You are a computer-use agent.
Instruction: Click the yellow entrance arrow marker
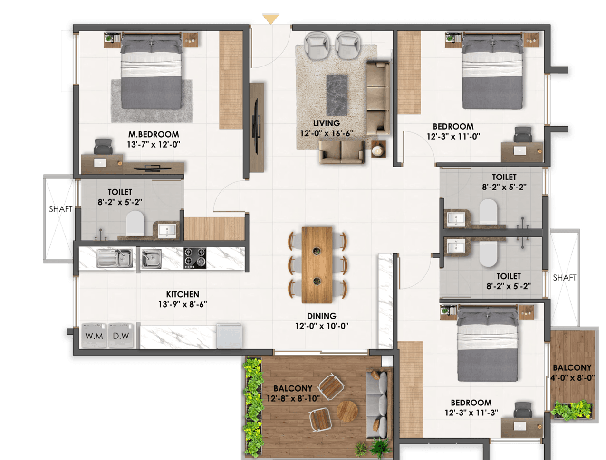[x=270, y=19]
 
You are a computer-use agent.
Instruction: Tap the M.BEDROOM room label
[x=154, y=134]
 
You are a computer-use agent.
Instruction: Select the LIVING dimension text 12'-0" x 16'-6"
[x=327, y=133]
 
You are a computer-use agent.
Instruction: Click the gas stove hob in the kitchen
[x=195, y=258]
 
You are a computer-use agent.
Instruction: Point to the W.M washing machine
[x=94, y=336]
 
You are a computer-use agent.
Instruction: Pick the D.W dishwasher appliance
[x=121, y=336]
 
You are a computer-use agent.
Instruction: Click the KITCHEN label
[x=183, y=294]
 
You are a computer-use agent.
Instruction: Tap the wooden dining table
[x=317, y=265]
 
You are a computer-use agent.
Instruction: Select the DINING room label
[x=322, y=316]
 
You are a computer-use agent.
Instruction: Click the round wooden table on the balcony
[x=347, y=411]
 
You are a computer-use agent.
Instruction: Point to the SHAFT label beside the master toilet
[x=60, y=209]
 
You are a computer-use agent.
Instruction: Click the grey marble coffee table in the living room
[x=337, y=95]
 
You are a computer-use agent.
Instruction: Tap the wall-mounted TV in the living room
[x=257, y=127]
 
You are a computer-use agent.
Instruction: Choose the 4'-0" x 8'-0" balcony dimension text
[x=573, y=377]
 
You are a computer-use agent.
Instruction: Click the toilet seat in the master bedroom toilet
[x=135, y=223]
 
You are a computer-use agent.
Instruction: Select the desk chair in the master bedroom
[x=103, y=146]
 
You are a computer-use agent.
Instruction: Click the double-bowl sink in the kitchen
[x=115, y=258]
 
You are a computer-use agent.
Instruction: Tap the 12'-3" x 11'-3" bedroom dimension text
[x=471, y=413]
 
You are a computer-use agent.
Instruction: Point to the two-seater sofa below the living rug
[x=342, y=152]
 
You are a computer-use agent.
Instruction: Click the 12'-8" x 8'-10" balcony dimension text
[x=293, y=398]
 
